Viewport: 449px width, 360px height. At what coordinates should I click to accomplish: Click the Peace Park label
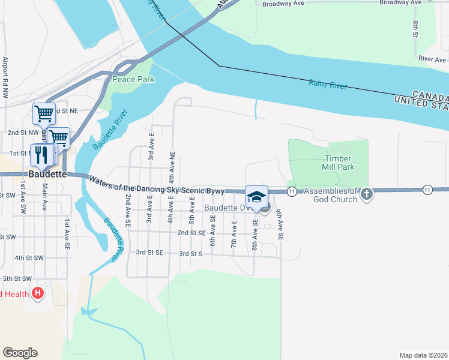click(x=133, y=79)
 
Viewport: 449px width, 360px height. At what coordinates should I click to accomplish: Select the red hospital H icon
click(x=38, y=294)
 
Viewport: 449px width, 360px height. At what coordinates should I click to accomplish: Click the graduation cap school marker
click(x=256, y=197)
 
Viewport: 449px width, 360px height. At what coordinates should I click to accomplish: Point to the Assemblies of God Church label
click(x=330, y=196)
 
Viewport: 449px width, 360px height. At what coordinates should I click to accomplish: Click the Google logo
click(x=20, y=353)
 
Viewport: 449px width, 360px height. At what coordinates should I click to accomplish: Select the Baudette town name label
click(x=44, y=174)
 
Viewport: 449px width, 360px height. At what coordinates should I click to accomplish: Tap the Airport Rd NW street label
click(x=5, y=77)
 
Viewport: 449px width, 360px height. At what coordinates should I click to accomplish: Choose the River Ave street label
click(x=433, y=59)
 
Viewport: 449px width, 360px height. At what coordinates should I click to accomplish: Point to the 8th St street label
click(x=415, y=29)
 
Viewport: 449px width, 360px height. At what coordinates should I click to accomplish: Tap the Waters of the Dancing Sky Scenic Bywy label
click(x=157, y=184)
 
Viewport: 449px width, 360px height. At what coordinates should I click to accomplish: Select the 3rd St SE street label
click(x=150, y=253)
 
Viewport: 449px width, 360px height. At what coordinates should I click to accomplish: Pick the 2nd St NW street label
click(x=23, y=132)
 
